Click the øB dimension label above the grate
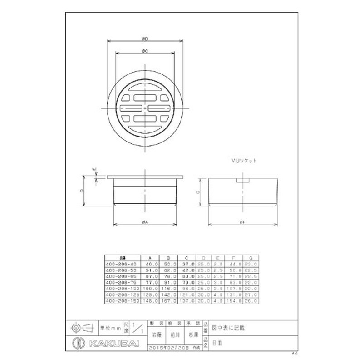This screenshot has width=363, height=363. tap(145, 39)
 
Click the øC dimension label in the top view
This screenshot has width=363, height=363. tap(145, 52)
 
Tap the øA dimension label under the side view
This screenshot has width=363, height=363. tap(145, 221)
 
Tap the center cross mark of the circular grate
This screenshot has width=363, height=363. tap(145, 108)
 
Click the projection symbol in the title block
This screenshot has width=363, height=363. tap(81, 327)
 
